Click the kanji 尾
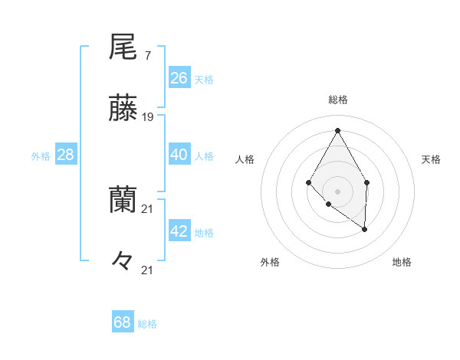(x=123, y=48)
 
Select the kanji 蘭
(x=123, y=201)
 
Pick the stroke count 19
(x=148, y=117)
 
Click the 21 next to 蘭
(x=148, y=208)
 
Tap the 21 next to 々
(x=148, y=270)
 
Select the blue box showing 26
(x=179, y=78)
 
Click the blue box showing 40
(x=179, y=155)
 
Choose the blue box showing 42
(x=179, y=231)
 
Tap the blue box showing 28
(x=66, y=155)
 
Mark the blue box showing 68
(x=123, y=322)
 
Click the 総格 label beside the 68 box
(x=147, y=324)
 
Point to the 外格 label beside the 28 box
(x=41, y=156)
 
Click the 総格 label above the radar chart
(x=337, y=100)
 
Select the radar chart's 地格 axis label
(x=402, y=262)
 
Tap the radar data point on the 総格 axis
(x=337, y=130)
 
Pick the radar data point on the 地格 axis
(x=365, y=229)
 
